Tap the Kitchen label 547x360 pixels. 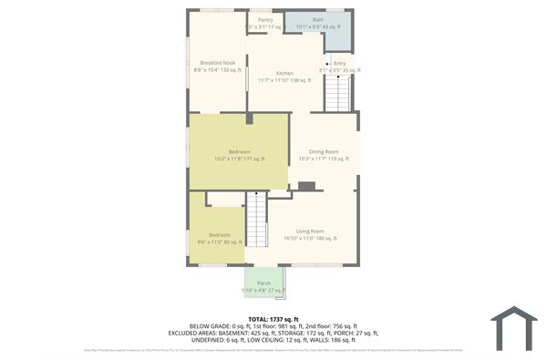point(284,73)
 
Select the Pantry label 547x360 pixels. point(265,19)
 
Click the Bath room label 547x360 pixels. point(317,19)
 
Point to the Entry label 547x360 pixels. point(339,63)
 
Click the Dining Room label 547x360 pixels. point(324,151)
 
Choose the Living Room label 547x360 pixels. point(310,231)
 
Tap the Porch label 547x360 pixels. point(264,283)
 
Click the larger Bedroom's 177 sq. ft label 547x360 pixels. point(239,159)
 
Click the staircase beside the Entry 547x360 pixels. point(337,94)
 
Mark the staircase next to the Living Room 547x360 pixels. point(257,223)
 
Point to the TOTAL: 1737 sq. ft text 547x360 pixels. point(273,318)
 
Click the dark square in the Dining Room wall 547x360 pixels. point(307,186)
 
